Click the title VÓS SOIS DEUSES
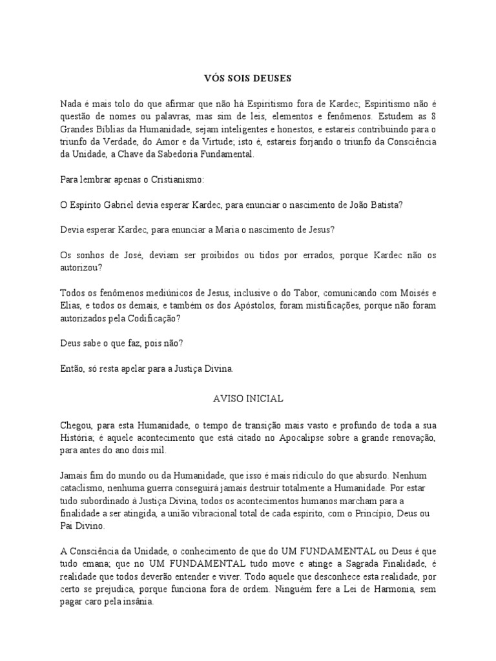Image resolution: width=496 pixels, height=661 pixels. (248, 79)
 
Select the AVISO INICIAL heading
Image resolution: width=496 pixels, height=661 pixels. (248, 399)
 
